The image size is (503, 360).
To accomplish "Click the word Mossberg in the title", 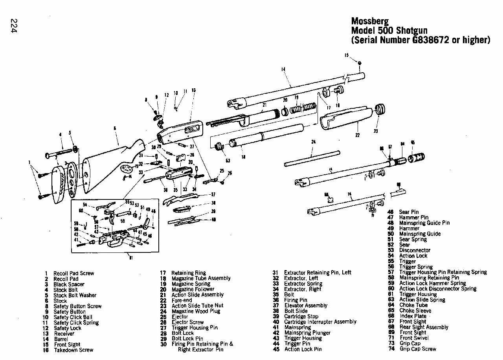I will coord(369,21).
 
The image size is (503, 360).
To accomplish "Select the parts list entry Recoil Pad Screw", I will coord(73,273).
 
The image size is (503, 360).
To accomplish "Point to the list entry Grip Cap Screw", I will coord(417,349).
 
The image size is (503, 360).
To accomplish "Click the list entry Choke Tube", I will coord(413,305).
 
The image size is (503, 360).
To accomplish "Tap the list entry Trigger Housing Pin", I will coord(194,327).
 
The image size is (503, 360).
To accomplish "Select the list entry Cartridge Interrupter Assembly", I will coord(320,322).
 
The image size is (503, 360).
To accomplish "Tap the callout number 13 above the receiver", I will coord(193,90).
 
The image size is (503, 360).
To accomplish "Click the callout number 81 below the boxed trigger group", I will coord(130,258).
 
